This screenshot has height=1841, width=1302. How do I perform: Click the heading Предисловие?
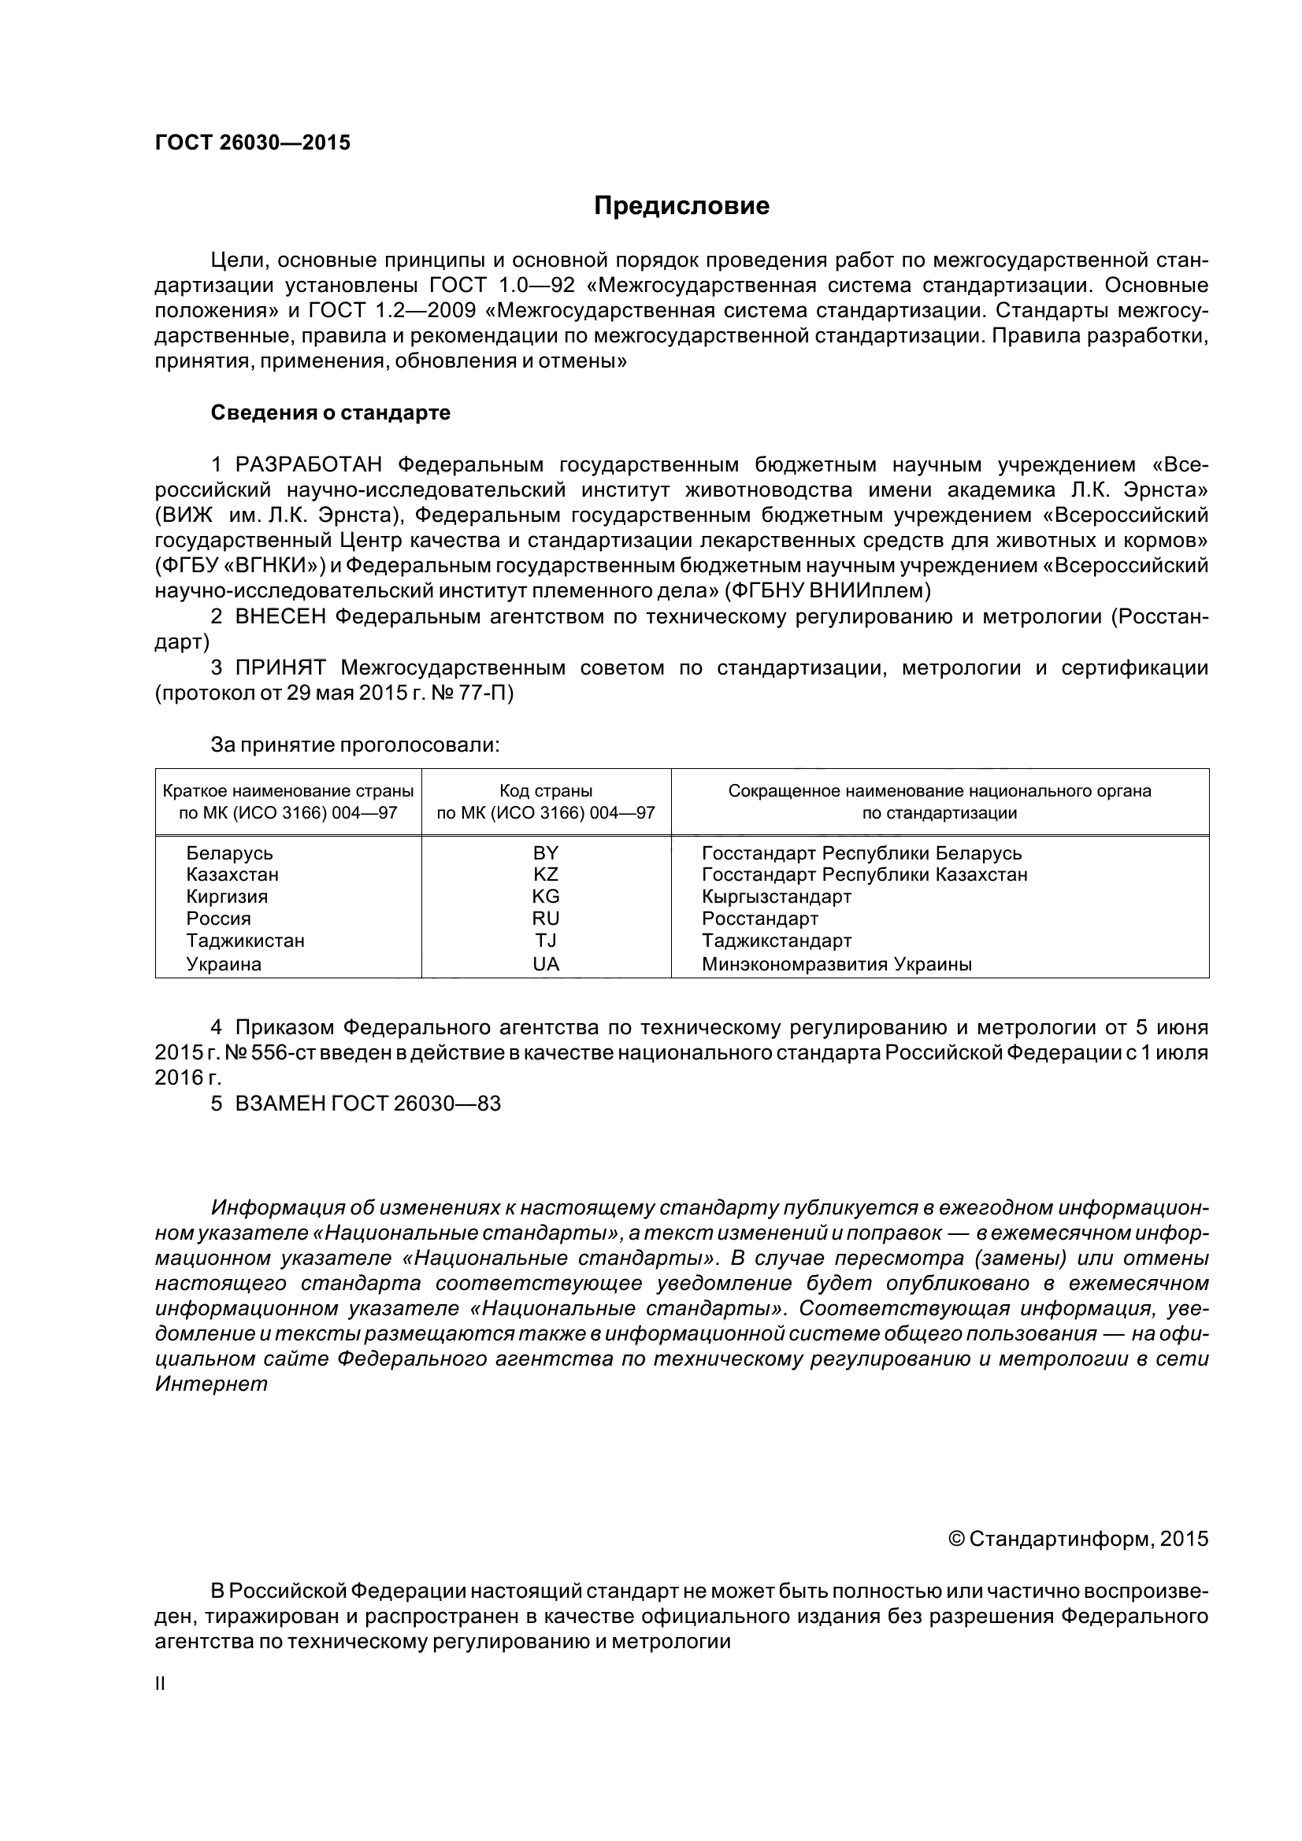(681, 206)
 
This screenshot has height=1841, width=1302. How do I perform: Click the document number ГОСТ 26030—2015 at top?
(253, 143)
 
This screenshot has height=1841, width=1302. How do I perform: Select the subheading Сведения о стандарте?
(331, 413)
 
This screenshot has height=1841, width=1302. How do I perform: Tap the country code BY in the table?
(546, 852)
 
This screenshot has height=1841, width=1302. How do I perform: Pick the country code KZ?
(546, 874)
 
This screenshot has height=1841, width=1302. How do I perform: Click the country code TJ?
(546, 940)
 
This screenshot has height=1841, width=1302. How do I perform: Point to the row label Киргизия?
(227, 896)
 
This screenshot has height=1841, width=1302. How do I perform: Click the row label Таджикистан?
(246, 940)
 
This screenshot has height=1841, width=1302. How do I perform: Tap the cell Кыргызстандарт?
(777, 896)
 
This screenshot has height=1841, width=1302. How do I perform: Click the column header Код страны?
(546, 790)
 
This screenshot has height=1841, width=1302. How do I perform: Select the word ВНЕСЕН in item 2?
(280, 616)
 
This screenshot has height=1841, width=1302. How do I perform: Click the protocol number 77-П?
(488, 693)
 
